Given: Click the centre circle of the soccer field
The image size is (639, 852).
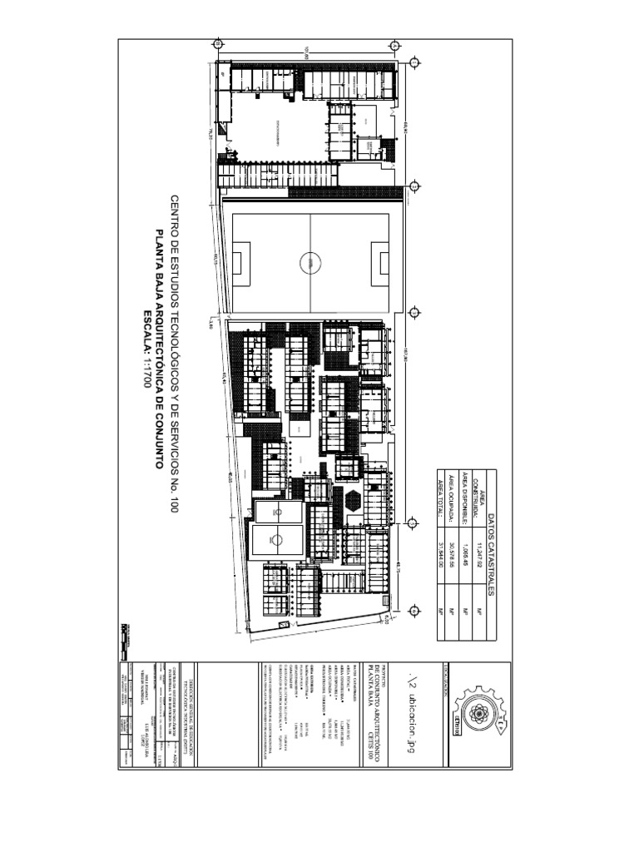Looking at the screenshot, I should (x=310, y=263).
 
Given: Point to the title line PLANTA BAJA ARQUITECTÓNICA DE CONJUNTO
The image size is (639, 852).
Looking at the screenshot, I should (x=161, y=349).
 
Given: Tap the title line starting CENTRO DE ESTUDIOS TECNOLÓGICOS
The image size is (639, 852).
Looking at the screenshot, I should (x=175, y=354).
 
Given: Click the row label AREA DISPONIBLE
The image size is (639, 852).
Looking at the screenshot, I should (x=464, y=499).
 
